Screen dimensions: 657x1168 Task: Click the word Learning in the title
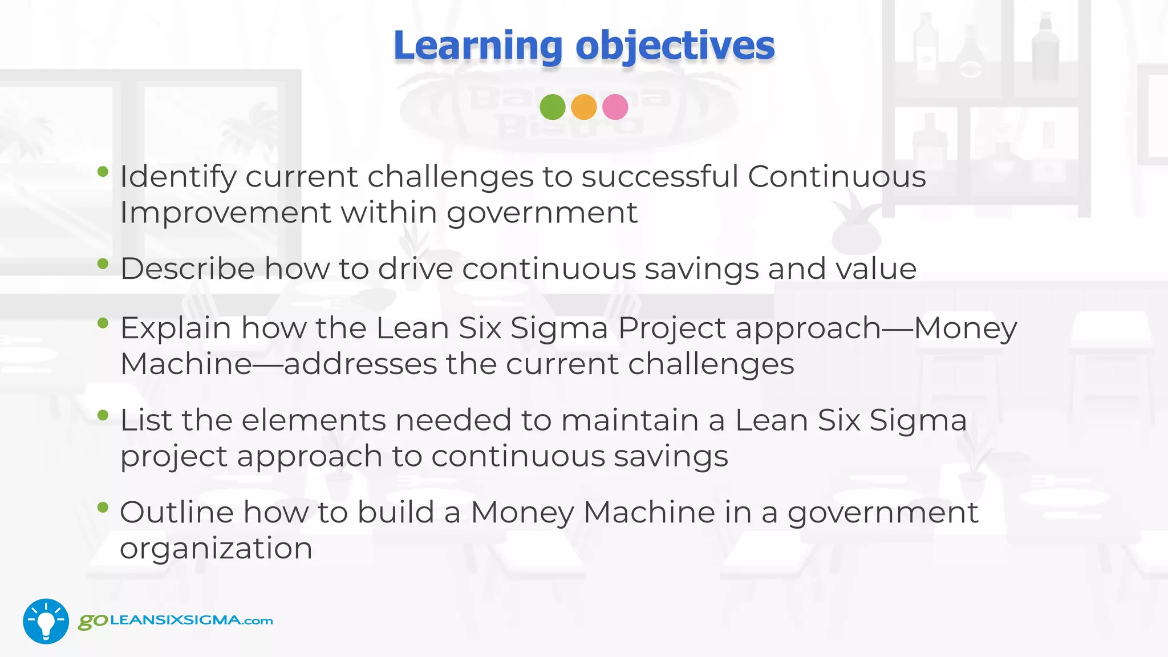[478, 46]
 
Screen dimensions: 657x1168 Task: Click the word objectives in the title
[675, 46]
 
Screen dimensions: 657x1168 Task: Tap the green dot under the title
[552, 107]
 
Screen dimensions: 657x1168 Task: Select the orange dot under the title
[583, 107]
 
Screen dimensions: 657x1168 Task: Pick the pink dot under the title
[615, 107]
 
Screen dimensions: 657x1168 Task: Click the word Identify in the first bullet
[177, 177]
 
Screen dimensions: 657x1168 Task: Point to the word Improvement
[226, 213]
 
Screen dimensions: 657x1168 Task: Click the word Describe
[188, 269]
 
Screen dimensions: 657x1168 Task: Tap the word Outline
[177, 512]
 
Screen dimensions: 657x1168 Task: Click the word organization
[216, 549]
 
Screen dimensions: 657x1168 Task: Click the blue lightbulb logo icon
[46, 621]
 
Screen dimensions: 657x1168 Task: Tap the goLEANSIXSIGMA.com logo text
[176, 620]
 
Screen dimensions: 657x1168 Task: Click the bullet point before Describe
[103, 263]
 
